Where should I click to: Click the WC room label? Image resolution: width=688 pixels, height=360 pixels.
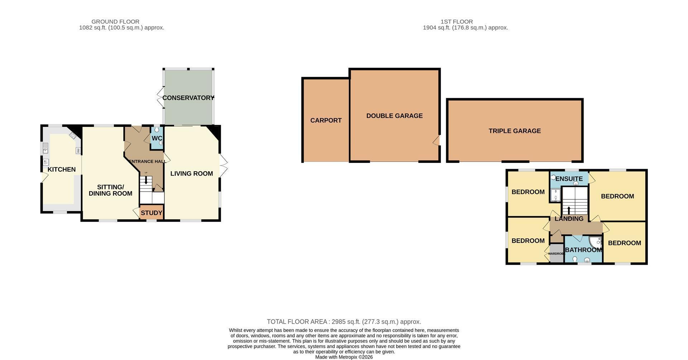pyautogui.click(x=157, y=138)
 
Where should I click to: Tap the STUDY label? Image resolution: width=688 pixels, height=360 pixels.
pyautogui.click(x=152, y=213)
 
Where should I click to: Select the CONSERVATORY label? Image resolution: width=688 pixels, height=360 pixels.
pyautogui.click(x=188, y=98)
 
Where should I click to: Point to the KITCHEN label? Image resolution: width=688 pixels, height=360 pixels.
pyautogui.click(x=62, y=169)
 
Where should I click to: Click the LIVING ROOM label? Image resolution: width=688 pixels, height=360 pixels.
pyautogui.click(x=192, y=173)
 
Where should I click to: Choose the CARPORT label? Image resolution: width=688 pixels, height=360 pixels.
pyautogui.click(x=326, y=120)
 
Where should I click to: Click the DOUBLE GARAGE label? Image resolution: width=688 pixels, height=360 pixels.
pyautogui.click(x=395, y=116)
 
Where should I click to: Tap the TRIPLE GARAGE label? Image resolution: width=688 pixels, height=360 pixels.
pyautogui.click(x=515, y=131)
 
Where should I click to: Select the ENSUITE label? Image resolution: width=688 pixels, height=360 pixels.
pyautogui.click(x=569, y=179)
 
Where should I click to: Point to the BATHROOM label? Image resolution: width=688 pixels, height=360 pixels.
pyautogui.click(x=583, y=250)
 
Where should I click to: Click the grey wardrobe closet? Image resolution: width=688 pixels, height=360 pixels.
pyautogui.click(x=556, y=253)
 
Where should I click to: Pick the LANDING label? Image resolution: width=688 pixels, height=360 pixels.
pyautogui.click(x=569, y=219)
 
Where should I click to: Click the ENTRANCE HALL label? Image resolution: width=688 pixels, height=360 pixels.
pyautogui.click(x=147, y=162)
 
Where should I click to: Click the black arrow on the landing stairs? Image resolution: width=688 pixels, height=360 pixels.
pyautogui.click(x=569, y=210)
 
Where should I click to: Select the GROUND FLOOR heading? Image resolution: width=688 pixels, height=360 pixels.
pyautogui.click(x=115, y=21)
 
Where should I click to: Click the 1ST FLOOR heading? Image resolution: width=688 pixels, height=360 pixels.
pyautogui.click(x=457, y=21)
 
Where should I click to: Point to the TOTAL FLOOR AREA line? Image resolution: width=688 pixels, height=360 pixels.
pyautogui.click(x=344, y=322)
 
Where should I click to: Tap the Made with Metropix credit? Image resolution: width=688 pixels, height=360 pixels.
pyautogui.click(x=344, y=357)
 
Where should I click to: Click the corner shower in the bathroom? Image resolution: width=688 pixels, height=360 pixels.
pyautogui.click(x=596, y=243)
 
